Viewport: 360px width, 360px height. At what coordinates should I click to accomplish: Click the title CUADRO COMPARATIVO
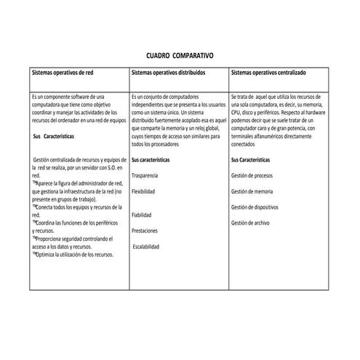(x=180, y=55)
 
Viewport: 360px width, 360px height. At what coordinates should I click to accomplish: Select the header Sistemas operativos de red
(x=63, y=73)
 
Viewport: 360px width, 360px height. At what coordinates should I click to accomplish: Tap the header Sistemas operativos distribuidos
(x=169, y=73)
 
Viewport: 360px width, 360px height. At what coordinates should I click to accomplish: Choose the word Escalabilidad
(x=148, y=247)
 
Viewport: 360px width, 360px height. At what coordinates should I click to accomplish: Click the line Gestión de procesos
(x=252, y=176)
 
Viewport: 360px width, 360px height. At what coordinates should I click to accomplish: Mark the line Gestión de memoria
(x=252, y=191)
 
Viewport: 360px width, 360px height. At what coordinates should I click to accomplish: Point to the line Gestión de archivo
(x=250, y=223)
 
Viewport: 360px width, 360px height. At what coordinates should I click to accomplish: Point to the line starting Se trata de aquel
(x=278, y=97)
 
